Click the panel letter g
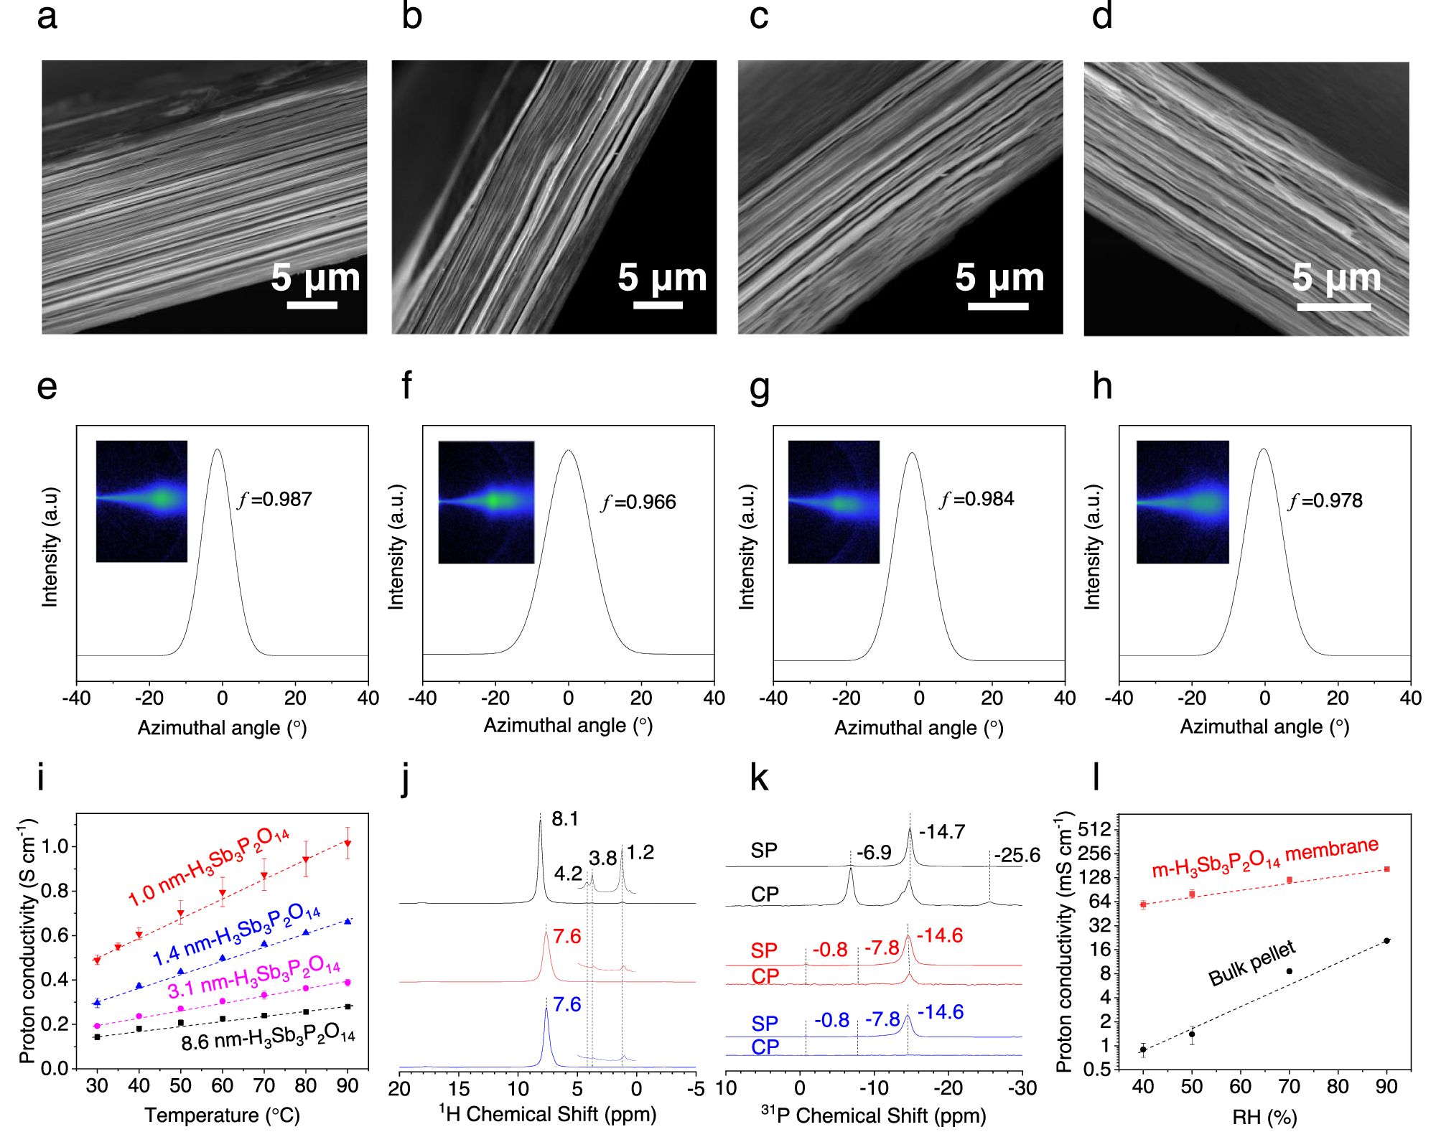[759, 388]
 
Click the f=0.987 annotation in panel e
[276, 500]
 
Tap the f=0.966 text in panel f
[639, 502]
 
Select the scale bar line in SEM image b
[658, 305]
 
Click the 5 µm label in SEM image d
[1336, 277]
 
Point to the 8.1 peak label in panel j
[565, 819]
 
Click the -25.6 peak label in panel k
[1017, 856]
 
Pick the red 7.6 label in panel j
[567, 937]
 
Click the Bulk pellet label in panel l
[1251, 963]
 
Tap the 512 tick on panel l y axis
[1094, 830]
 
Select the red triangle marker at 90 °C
[348, 843]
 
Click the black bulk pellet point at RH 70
[1289, 971]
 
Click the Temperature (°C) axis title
[222, 1115]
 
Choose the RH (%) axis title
[1264, 1117]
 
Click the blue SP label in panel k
[765, 1023]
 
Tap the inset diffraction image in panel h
[1183, 502]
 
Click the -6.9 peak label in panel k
[874, 853]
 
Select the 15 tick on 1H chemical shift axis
[459, 1089]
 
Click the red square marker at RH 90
[1386, 869]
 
